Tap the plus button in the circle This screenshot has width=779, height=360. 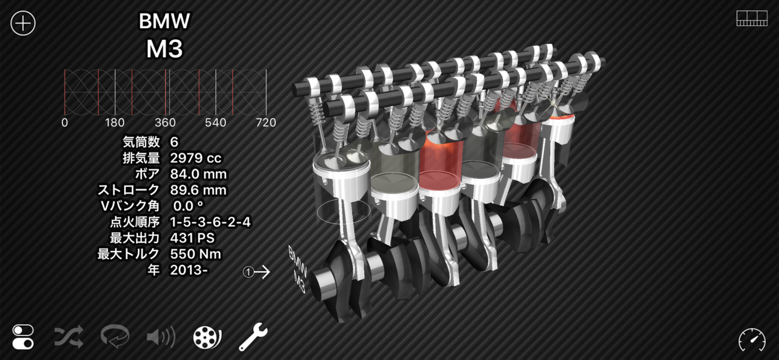click(23, 23)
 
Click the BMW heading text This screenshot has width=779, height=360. click(164, 21)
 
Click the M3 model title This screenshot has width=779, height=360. click(164, 49)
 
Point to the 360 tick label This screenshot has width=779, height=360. click(165, 123)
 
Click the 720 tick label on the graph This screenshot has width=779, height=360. click(266, 123)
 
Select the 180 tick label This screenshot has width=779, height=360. click(114, 123)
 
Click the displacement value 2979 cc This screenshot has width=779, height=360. click(196, 158)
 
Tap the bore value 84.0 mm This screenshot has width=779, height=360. click(198, 174)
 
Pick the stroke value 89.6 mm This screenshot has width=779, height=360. click(198, 190)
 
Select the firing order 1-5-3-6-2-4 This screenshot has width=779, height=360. click(210, 222)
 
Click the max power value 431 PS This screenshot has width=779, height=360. click(192, 238)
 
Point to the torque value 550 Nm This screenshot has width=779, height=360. click(195, 254)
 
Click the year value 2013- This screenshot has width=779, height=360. click(189, 270)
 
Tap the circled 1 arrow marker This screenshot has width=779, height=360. click(257, 272)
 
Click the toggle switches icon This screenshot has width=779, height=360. click(23, 337)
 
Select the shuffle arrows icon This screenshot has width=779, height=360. click(68, 337)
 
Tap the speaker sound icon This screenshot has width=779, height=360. click(161, 337)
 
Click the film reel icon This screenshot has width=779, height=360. click(207, 337)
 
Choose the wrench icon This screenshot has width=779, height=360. click(253, 337)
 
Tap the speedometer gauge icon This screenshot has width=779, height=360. click(752, 340)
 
